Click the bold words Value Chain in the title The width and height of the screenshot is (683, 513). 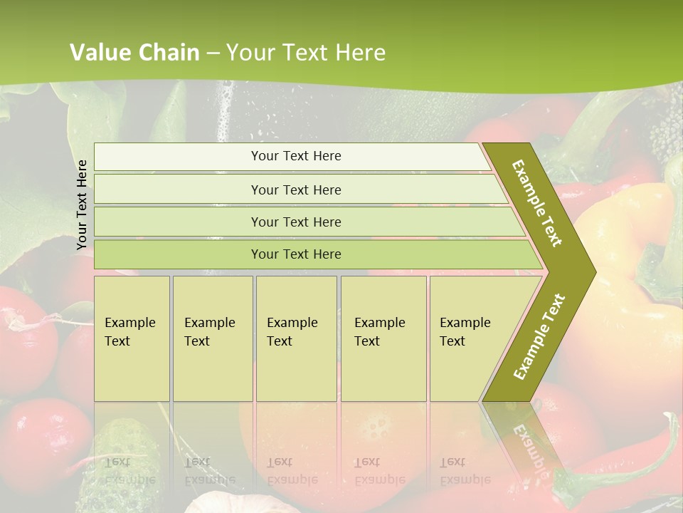(x=134, y=53)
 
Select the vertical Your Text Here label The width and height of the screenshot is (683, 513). (x=83, y=204)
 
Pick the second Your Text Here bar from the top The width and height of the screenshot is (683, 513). (x=296, y=190)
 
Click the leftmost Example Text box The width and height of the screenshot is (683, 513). (x=132, y=338)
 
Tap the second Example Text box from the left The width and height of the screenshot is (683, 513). (x=212, y=338)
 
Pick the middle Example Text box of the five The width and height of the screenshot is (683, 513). (x=296, y=338)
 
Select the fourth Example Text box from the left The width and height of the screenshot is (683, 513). (x=383, y=338)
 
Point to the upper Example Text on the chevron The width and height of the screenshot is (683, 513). (x=537, y=203)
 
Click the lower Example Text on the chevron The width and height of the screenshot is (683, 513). (x=539, y=336)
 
